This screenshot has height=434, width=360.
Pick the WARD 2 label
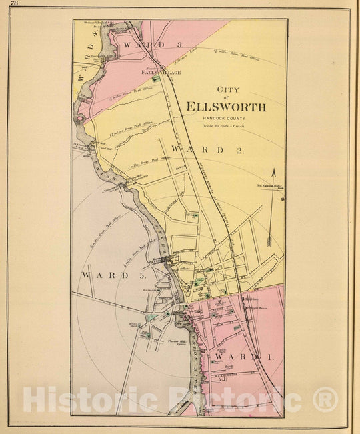coord(207,150)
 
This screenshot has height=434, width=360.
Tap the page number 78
coord(14,5)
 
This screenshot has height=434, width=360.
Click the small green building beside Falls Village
coord(155,79)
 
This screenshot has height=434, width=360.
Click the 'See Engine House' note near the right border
coord(271,186)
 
